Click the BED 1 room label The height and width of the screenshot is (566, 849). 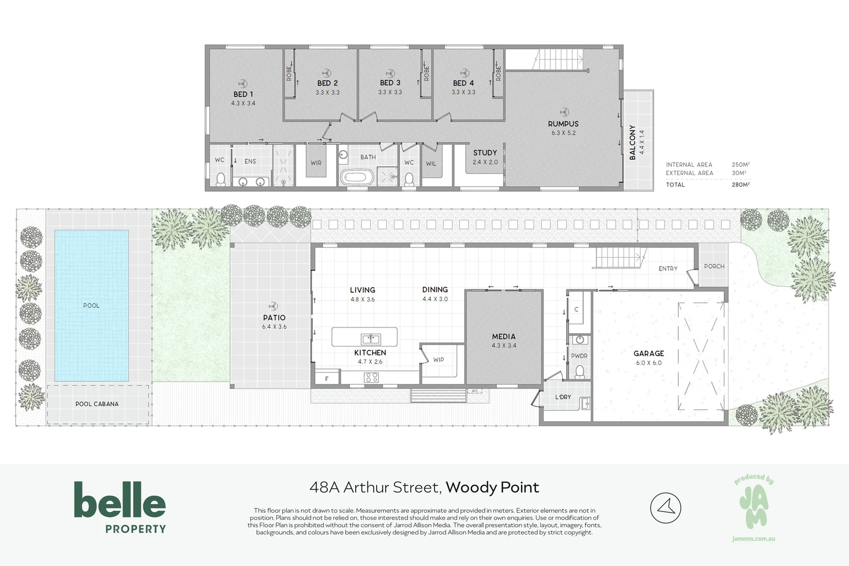243,94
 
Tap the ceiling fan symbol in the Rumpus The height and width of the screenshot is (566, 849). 564,112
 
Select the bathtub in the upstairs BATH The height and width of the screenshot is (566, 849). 357,177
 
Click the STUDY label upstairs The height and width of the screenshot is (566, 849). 485,153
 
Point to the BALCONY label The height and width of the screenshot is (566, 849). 633,142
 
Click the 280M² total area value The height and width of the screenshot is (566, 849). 741,184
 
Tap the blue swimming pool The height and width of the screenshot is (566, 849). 92,306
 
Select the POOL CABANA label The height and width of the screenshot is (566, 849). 97,404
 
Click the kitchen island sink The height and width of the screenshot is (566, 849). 371,339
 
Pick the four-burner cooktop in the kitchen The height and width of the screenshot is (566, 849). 372,377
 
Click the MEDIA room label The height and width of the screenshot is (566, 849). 504,336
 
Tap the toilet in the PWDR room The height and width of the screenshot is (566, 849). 580,372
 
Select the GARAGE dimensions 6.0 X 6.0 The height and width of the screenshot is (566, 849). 649,363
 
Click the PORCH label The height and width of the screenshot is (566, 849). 714,266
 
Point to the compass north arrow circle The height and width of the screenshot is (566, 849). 666,507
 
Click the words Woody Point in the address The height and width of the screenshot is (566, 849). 492,487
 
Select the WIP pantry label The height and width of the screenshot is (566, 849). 439,360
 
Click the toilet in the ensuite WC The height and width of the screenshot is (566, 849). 221,179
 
